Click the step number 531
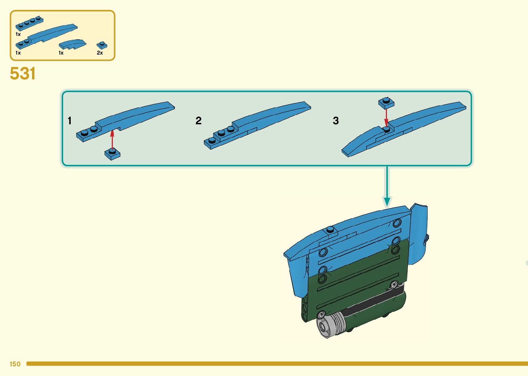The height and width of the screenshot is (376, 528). (23, 74)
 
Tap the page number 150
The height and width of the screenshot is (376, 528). (15, 364)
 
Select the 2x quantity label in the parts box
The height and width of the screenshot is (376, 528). (100, 53)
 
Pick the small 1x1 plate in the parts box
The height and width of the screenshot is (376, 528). (102, 45)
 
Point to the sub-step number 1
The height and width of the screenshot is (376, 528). (70, 120)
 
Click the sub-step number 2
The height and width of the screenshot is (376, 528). (198, 120)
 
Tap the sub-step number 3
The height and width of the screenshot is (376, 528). (336, 120)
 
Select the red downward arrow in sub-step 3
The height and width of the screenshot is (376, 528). (386, 117)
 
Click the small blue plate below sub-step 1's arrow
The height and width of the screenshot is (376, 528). (112, 154)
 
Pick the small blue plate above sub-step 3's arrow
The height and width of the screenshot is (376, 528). (386, 103)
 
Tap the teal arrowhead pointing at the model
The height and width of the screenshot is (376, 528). (387, 201)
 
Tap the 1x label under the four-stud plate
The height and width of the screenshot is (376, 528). (18, 35)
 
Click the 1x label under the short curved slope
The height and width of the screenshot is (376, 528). (61, 53)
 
